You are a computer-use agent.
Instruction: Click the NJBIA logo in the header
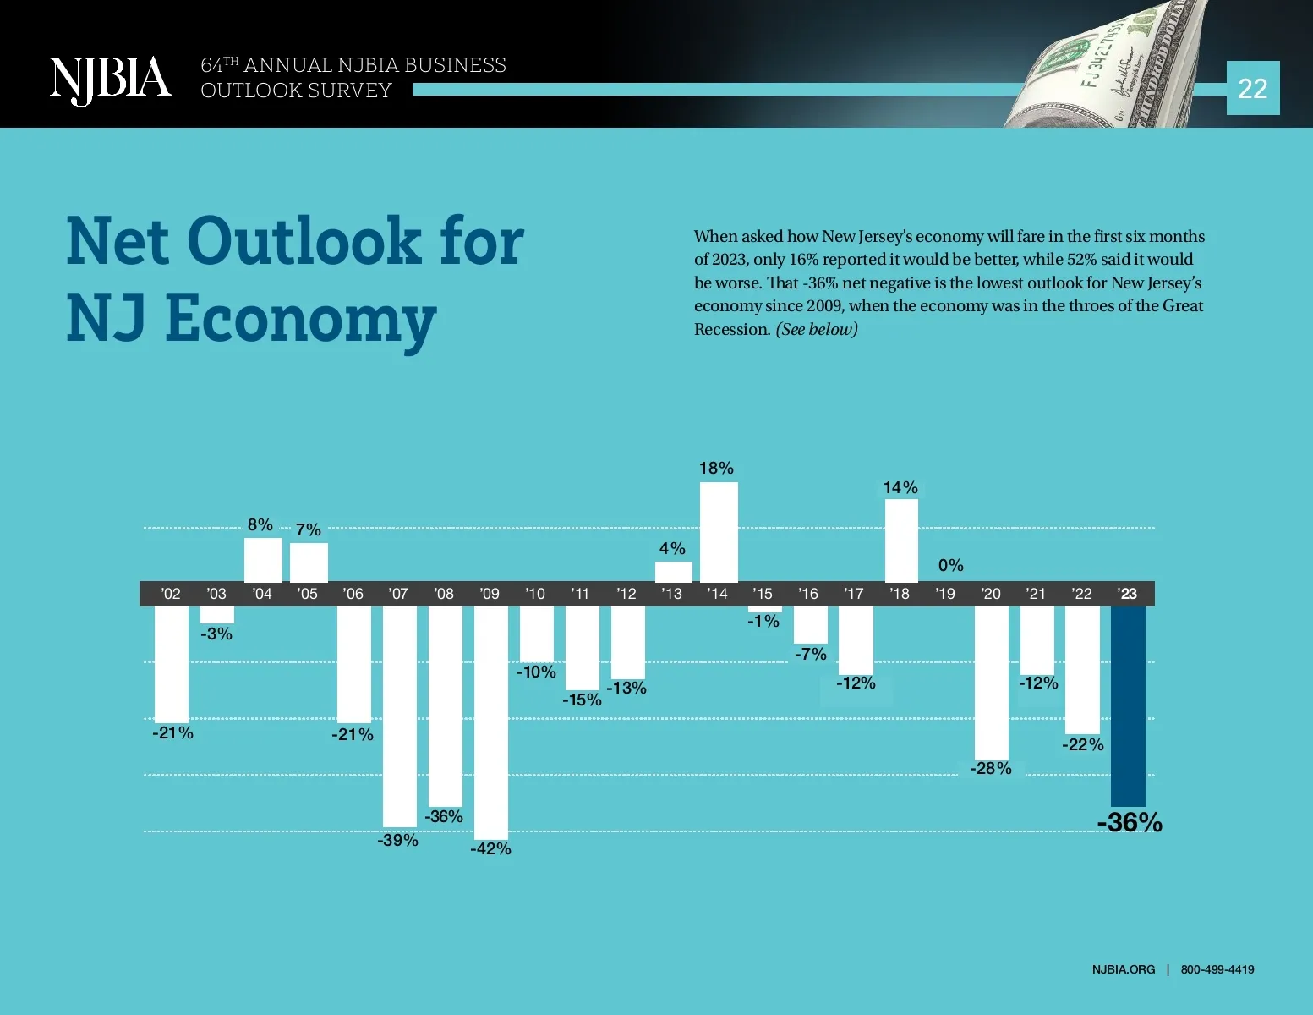click(x=110, y=80)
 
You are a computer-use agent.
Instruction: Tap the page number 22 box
click(x=1252, y=88)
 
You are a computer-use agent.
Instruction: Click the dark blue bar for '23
click(x=1128, y=705)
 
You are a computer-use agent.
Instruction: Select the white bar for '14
click(x=719, y=532)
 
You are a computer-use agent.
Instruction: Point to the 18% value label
click(x=716, y=468)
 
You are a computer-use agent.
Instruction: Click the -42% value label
click(x=490, y=848)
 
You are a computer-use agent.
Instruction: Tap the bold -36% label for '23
click(x=1130, y=822)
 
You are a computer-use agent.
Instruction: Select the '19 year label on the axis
click(x=945, y=594)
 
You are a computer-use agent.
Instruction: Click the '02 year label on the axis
click(x=171, y=594)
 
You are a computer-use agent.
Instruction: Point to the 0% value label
click(x=950, y=565)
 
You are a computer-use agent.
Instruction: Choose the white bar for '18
click(x=901, y=540)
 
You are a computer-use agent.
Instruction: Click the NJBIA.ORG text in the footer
click(x=1123, y=969)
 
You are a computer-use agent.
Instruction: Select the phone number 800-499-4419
click(x=1217, y=969)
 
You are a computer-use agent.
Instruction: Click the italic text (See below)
click(x=817, y=330)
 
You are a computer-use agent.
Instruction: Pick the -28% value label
click(x=991, y=768)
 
